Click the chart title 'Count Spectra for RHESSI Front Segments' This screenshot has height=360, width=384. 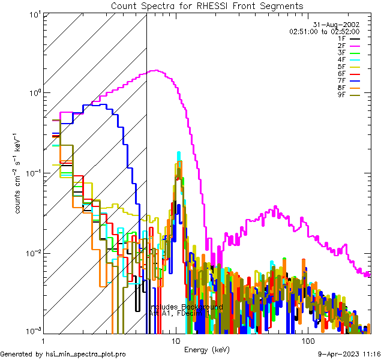pyautogui.click(x=207, y=5)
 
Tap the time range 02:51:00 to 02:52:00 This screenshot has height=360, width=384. pyautogui.click(x=324, y=31)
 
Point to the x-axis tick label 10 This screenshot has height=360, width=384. pyautogui.click(x=176, y=341)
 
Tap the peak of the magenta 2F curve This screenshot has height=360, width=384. pyautogui.click(x=156, y=70)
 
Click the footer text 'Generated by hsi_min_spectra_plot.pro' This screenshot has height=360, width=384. pyautogui.click(x=63, y=354)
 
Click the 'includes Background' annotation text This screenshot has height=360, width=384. pyautogui.click(x=187, y=307)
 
